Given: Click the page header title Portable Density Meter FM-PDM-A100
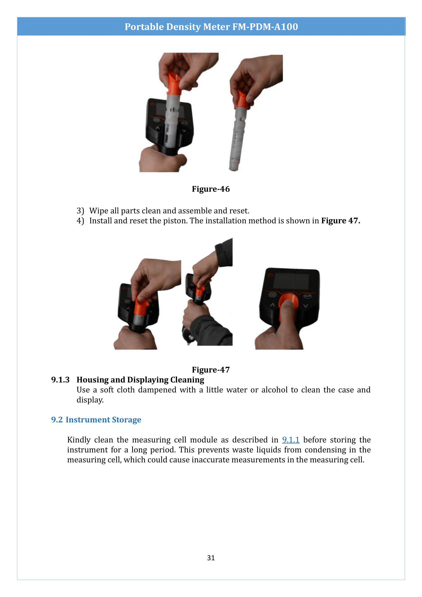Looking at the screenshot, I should [211, 27].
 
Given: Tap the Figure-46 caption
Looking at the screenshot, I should [211, 189].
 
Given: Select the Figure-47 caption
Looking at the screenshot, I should [211, 370].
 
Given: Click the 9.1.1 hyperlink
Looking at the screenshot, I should [291, 440].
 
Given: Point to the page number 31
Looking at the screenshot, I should [211, 558].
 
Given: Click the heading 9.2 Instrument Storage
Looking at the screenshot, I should [96, 420].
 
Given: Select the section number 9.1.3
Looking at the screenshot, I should [60, 380].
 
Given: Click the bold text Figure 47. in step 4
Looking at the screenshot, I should [340, 221].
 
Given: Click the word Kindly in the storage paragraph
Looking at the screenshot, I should [79, 440].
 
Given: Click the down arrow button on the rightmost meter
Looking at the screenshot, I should [305, 306].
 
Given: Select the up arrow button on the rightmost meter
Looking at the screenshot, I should [272, 305].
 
